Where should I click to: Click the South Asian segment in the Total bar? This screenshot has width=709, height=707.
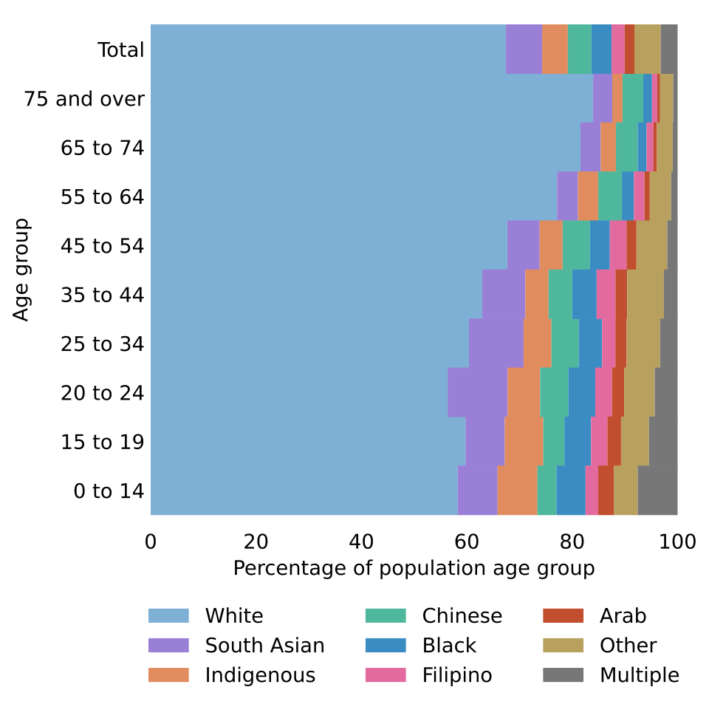coord(524,49)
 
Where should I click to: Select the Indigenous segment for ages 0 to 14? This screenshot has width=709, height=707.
coord(517,491)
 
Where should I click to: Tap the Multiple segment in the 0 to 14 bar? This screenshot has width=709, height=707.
coord(657,491)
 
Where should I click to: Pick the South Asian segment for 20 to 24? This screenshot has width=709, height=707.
coord(478,392)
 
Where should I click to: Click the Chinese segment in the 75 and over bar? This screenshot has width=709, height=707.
coord(633,98)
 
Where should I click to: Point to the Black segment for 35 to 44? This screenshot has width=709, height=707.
coord(584,294)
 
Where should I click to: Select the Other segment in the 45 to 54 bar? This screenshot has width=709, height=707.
coord(651,245)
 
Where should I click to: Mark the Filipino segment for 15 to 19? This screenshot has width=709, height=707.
coord(599,441)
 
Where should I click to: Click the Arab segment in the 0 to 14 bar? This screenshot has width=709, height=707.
coord(606,491)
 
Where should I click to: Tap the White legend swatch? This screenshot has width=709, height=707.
coord(168,615)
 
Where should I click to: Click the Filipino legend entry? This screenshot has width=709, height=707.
coord(428,675)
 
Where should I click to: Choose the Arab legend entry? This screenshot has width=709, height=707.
coord(595,615)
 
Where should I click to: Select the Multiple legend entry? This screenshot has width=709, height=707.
coord(611,675)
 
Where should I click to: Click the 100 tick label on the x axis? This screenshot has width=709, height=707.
coord(677,542)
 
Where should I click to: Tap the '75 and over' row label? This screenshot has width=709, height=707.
coord(84,98)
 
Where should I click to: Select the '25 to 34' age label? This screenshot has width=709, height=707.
coord(102,344)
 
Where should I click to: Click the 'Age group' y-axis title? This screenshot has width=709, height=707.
coord(21,270)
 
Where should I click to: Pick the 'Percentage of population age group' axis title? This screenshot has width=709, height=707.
coord(414,569)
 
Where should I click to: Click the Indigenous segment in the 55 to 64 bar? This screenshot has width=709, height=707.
coord(588,197)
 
